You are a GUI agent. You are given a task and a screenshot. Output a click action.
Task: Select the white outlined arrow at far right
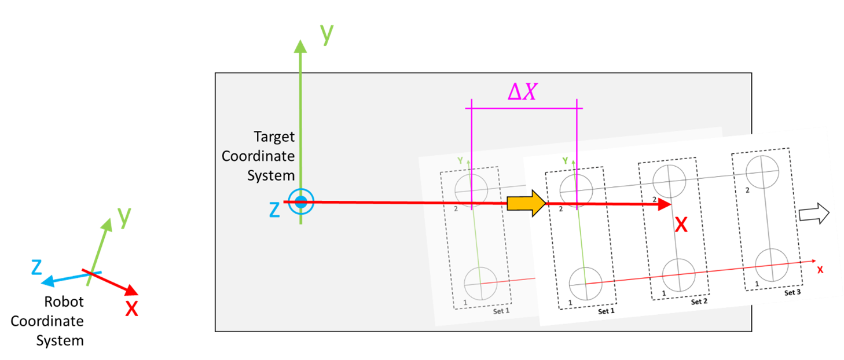(814, 215)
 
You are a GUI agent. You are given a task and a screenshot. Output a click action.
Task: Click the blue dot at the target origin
(300, 202)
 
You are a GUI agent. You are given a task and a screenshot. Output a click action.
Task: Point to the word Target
(274, 137)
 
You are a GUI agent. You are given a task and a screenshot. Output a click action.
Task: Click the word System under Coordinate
(270, 175)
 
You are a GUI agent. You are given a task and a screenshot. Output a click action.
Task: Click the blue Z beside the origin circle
(274, 210)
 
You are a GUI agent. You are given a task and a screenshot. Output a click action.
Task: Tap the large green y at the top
(327, 34)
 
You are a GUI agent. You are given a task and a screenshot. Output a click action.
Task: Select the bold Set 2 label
(699, 302)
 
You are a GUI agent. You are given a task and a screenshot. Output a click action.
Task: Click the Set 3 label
(792, 293)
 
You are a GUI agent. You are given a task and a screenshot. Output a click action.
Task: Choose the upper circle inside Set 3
(762, 170)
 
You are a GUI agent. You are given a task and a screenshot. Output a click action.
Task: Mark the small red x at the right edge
(820, 270)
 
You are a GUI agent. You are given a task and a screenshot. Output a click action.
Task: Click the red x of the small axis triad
(132, 308)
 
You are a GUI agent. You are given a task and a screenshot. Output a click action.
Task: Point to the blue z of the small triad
(36, 267)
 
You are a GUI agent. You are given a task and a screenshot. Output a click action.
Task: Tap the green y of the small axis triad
(123, 216)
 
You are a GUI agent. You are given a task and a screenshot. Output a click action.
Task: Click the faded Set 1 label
(501, 311)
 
